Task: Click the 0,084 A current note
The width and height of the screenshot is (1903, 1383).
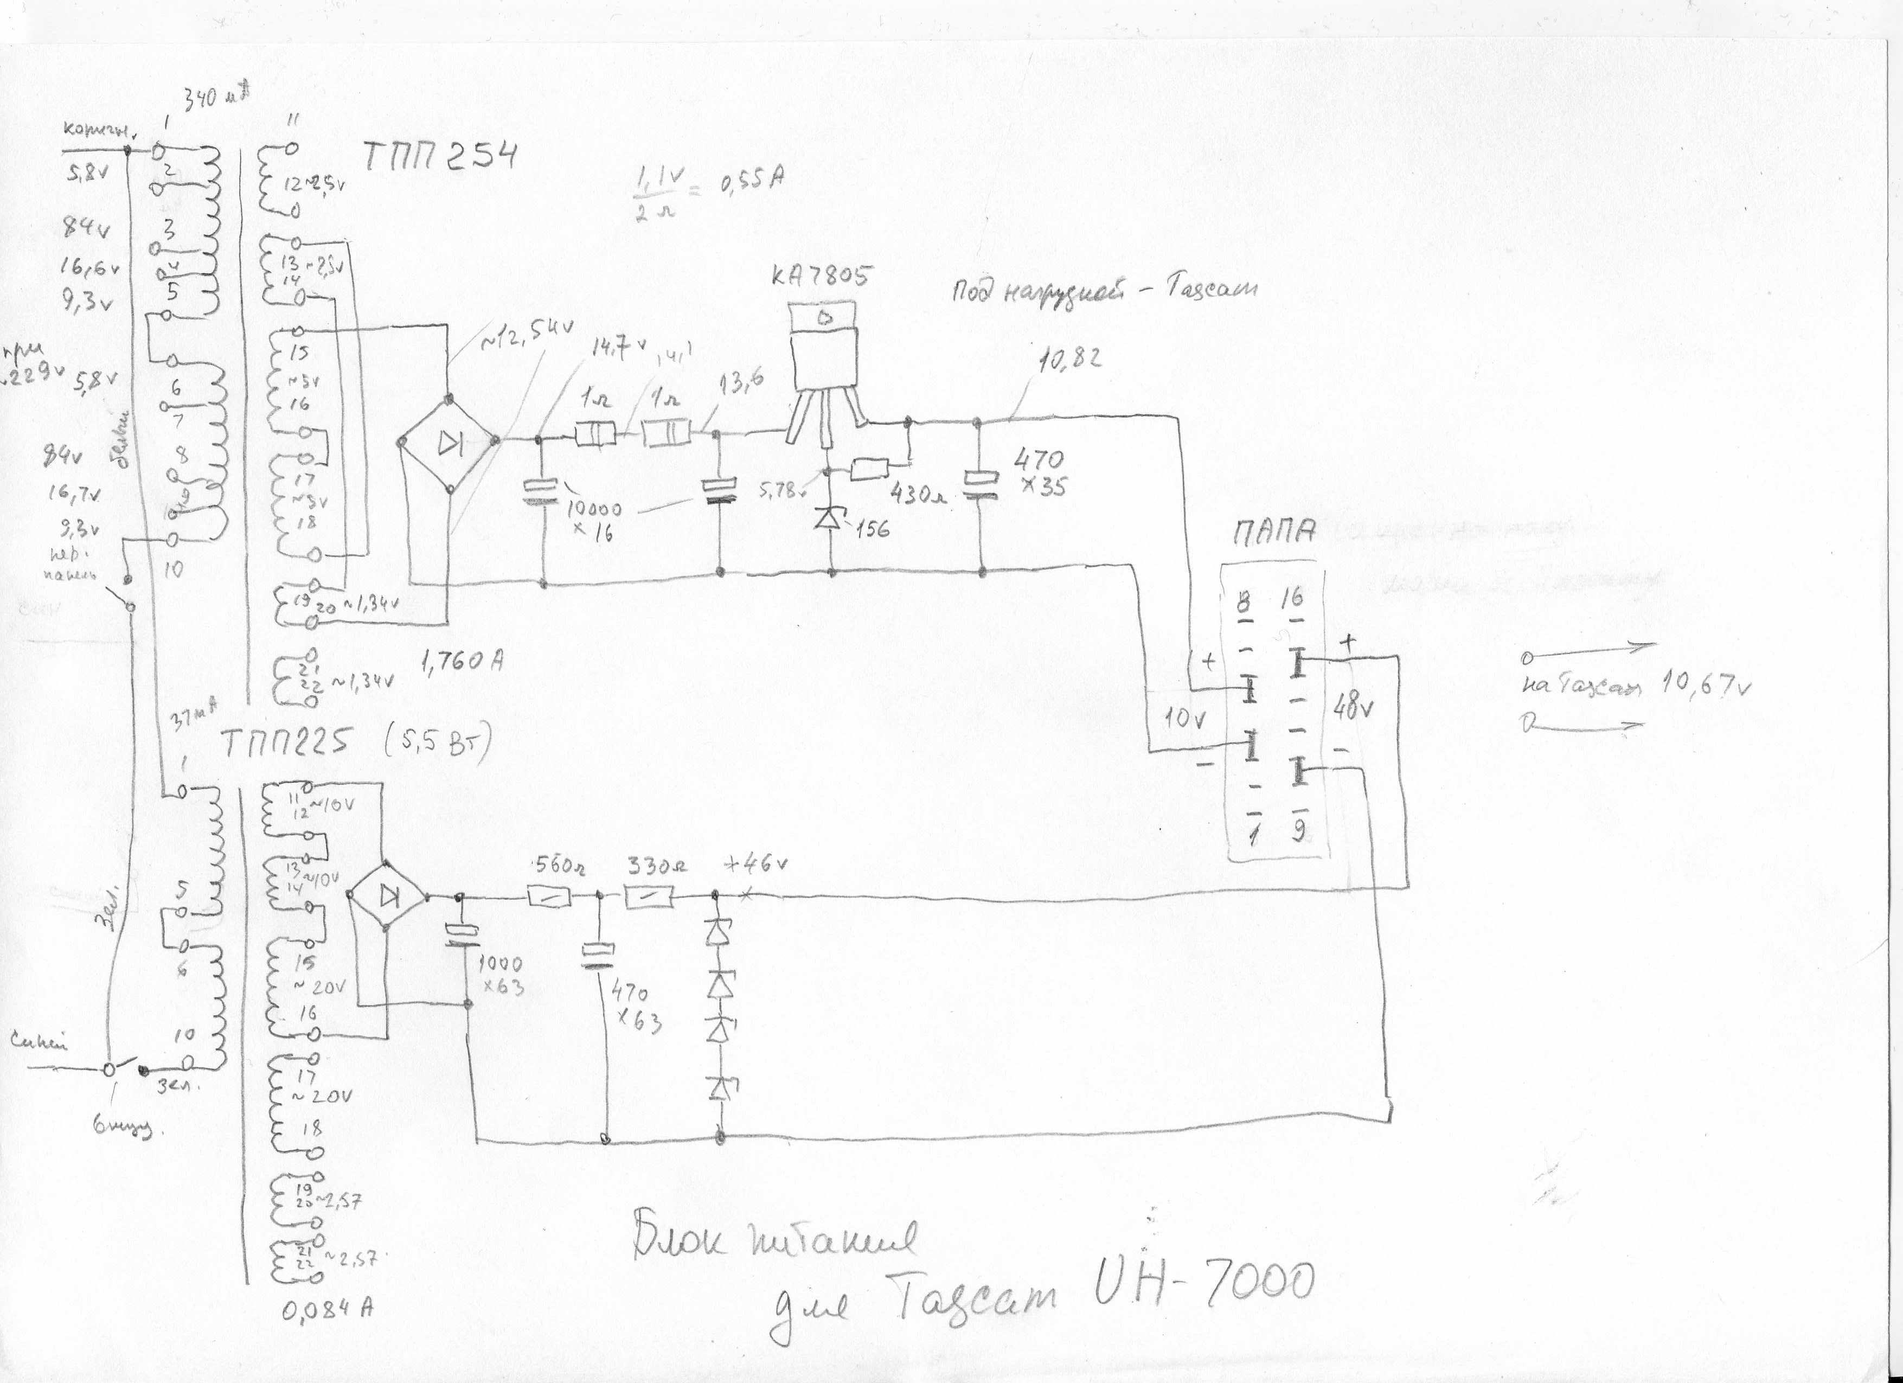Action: [x=327, y=1309]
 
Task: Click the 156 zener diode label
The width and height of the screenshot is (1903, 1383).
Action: [x=872, y=529]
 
